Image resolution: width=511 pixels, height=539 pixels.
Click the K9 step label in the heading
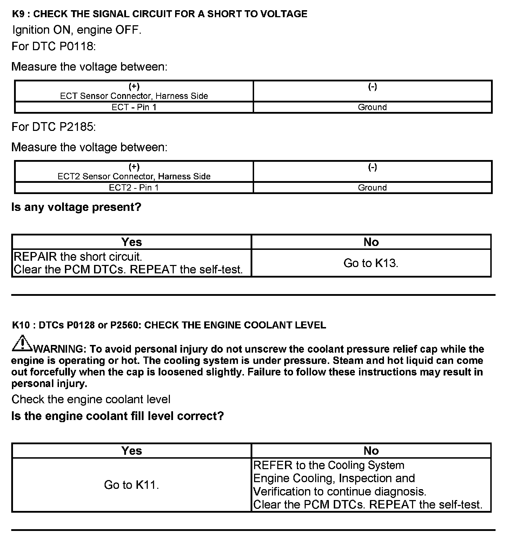(19, 14)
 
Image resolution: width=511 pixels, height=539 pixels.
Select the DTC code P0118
(76, 46)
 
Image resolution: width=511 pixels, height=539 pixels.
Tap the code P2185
(76, 127)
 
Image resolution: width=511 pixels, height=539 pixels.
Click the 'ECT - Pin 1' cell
(134, 107)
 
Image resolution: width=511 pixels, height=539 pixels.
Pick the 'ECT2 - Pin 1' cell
(134, 188)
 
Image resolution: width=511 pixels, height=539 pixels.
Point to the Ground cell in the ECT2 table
(372, 188)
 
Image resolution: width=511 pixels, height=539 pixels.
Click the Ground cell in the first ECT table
(372, 107)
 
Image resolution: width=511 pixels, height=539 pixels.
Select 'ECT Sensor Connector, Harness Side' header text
(134, 96)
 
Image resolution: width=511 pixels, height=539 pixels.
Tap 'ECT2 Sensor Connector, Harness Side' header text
(134, 177)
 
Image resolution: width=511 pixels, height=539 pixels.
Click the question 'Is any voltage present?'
(76, 207)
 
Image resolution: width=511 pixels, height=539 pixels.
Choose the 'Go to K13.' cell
(371, 263)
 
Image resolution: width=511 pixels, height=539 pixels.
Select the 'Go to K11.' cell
(132, 485)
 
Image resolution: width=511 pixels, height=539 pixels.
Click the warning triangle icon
(22, 344)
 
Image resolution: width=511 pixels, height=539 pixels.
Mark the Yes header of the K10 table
(132, 451)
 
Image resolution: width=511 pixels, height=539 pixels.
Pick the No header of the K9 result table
(371, 242)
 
